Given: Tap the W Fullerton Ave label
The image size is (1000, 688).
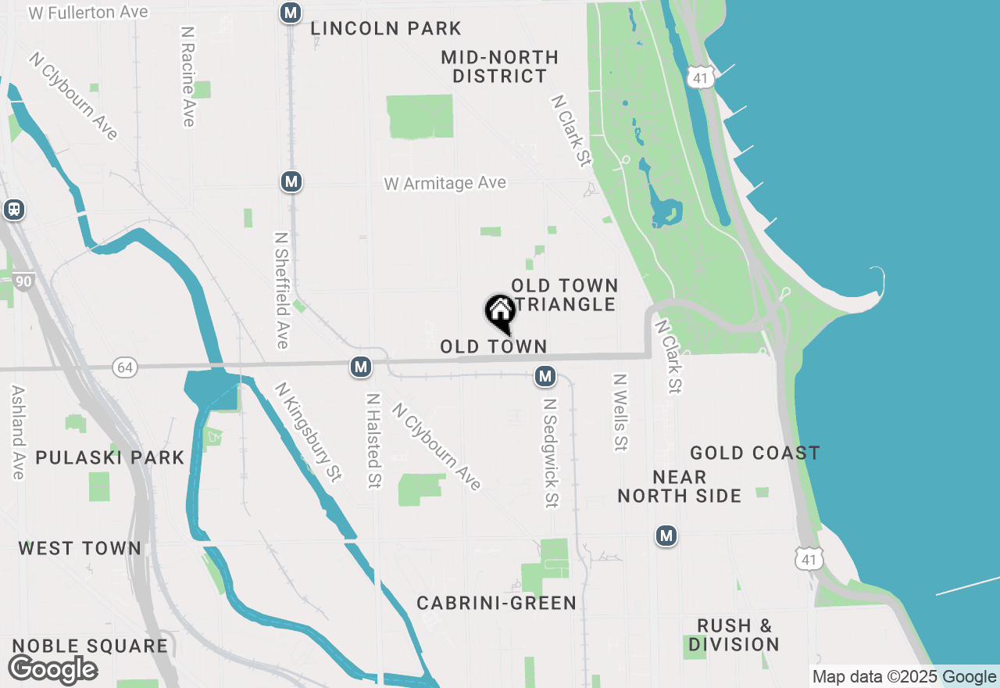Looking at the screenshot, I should coord(88,13).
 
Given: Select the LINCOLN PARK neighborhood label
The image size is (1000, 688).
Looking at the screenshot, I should coord(386,29).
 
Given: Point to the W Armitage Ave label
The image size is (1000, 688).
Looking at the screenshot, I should coord(445,183).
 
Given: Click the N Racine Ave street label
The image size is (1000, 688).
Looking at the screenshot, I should coord(187,76).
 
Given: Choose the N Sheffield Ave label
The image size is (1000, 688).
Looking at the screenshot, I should coord(282,289).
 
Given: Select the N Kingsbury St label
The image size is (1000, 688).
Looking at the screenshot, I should coord(308,432).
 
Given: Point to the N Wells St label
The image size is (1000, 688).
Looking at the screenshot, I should coord(620,412).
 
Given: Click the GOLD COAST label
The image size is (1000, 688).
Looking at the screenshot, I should coord(755,453).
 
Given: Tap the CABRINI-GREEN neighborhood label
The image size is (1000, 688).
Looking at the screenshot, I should coord(497,603).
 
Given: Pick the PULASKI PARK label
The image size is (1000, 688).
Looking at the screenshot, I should coord(110,458).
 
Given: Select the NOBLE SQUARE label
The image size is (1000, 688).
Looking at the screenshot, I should coord(90,646).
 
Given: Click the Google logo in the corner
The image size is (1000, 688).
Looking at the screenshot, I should coord(52,670).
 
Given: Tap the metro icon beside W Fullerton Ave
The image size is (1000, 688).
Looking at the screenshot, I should coord(291,13).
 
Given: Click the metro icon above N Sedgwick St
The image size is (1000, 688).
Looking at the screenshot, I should coord(545,377).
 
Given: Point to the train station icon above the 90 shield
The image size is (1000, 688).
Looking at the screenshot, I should coord(13,210).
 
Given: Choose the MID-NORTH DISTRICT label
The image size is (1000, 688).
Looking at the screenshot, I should coord(500,66).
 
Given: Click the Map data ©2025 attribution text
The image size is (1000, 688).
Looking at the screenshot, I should coord(875,677).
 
